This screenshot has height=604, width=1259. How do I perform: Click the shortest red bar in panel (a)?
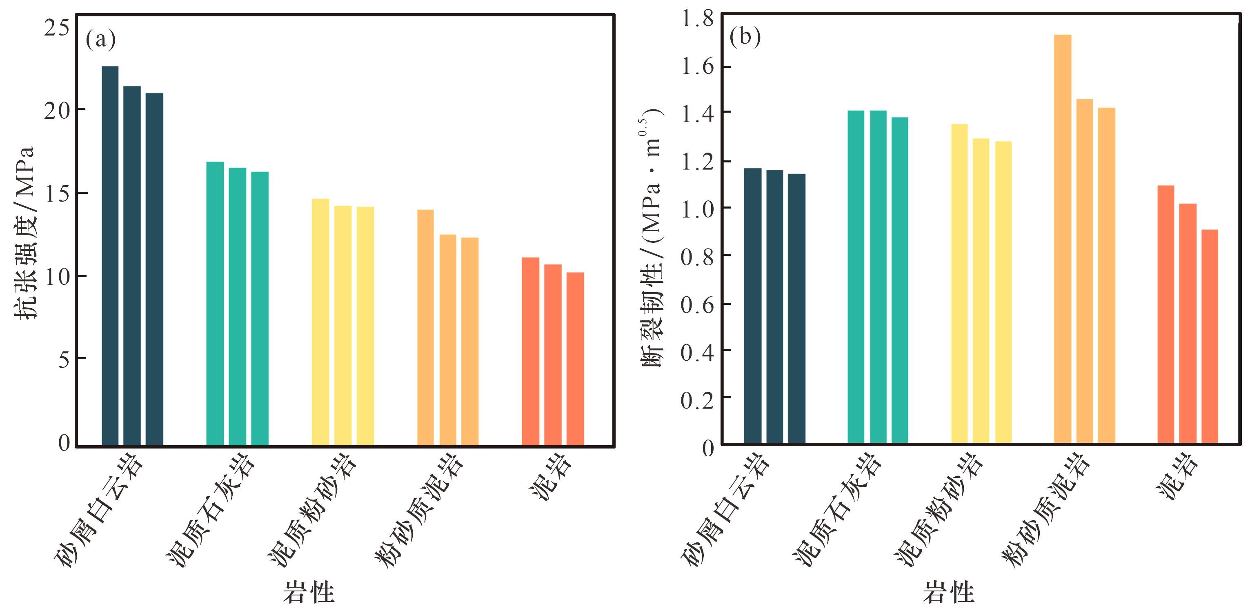click(x=575, y=359)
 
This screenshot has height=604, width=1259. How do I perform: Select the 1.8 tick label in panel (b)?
click(x=697, y=20)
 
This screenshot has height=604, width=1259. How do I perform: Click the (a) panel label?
click(x=101, y=39)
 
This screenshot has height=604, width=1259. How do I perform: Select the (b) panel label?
click(x=745, y=37)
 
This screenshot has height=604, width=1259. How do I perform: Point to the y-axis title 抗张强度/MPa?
click(x=24, y=233)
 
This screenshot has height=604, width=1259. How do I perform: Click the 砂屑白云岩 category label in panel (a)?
click(x=100, y=510)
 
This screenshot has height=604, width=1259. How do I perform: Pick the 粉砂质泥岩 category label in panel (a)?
click(x=419, y=510)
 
